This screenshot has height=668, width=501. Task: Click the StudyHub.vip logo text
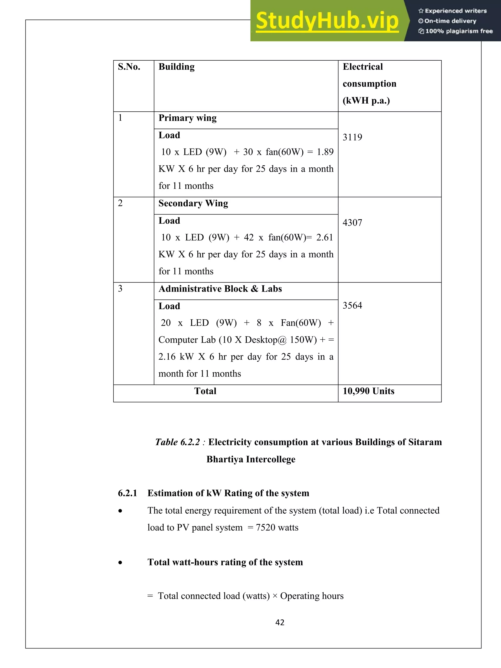327,21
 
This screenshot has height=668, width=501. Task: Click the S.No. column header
129,67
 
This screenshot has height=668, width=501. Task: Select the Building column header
176,67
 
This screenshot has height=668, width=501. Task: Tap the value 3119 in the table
352,137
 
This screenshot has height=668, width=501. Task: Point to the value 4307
352,223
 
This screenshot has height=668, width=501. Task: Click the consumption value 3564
352,306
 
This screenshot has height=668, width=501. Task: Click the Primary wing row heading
187,118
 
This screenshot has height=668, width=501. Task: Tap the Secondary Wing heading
193,204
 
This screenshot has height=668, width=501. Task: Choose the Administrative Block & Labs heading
220,289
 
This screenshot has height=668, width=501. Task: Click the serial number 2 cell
120,203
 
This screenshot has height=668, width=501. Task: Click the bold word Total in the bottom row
205,391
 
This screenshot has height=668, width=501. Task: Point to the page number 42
280,622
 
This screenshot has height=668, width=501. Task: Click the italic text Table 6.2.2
178,442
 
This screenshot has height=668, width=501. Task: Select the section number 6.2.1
127,493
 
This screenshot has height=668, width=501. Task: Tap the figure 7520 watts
277,528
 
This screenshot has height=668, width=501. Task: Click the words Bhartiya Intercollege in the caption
251,459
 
